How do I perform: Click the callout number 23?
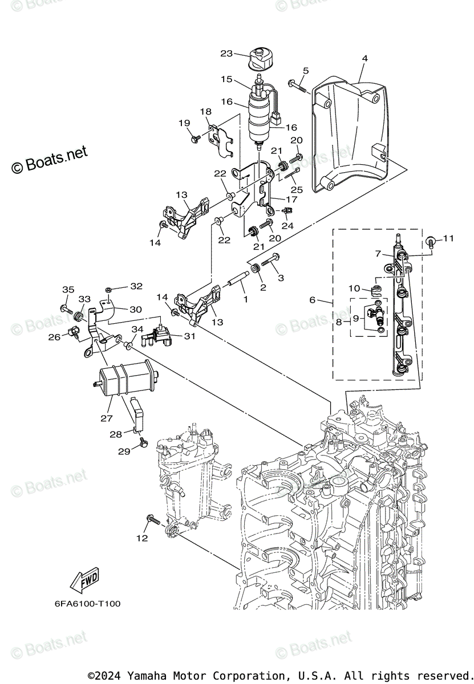tap(226, 54)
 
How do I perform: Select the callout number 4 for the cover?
tap(364, 58)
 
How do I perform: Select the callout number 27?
tap(107, 418)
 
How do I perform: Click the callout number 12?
tap(142, 538)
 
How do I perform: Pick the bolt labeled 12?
tap(152, 519)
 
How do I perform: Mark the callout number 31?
tap(189, 336)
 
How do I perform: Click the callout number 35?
tap(68, 290)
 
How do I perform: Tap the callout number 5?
tap(306, 71)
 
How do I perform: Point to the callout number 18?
tap(205, 112)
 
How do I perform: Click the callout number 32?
tap(136, 286)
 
